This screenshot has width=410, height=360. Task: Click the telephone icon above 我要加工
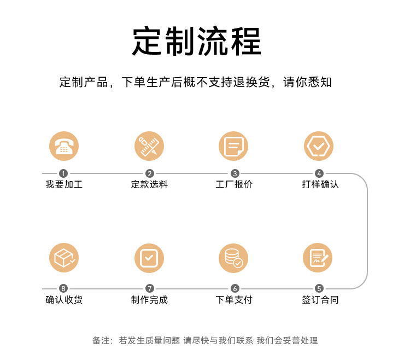click(64, 146)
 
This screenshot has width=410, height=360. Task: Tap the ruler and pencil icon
click(149, 146)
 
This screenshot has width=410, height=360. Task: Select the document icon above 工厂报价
click(233, 146)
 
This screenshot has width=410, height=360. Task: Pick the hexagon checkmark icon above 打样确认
click(319, 146)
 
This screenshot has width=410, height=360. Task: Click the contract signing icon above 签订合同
click(318, 258)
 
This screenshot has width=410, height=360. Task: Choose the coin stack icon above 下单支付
click(233, 258)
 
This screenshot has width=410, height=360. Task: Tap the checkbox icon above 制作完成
click(149, 258)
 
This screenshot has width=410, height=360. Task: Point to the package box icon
click(64, 258)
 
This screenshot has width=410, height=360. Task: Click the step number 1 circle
click(63, 173)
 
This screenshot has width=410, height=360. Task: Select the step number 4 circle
click(319, 173)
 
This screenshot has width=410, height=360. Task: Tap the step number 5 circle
click(319, 288)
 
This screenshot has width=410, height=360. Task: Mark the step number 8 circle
click(63, 288)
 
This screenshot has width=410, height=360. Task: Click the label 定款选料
click(149, 184)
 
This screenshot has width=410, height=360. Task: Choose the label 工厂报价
click(234, 184)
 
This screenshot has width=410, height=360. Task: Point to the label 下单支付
click(234, 300)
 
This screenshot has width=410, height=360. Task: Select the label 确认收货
click(64, 300)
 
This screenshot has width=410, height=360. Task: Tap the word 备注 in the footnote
click(101, 340)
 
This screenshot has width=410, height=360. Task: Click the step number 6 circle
click(235, 288)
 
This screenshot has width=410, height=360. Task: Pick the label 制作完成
click(149, 300)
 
